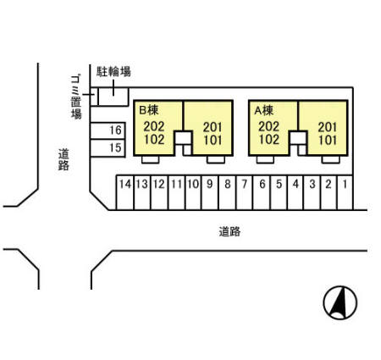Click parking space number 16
point(116,130)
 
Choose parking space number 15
point(116,148)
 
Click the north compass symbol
point(340,302)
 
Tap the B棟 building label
point(148,110)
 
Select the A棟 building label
point(263,110)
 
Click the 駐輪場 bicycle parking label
point(113,72)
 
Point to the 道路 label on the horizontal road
point(229,230)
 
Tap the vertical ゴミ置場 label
point(76,95)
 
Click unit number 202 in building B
point(154,125)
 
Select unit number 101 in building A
point(327,141)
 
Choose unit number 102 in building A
point(268,139)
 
